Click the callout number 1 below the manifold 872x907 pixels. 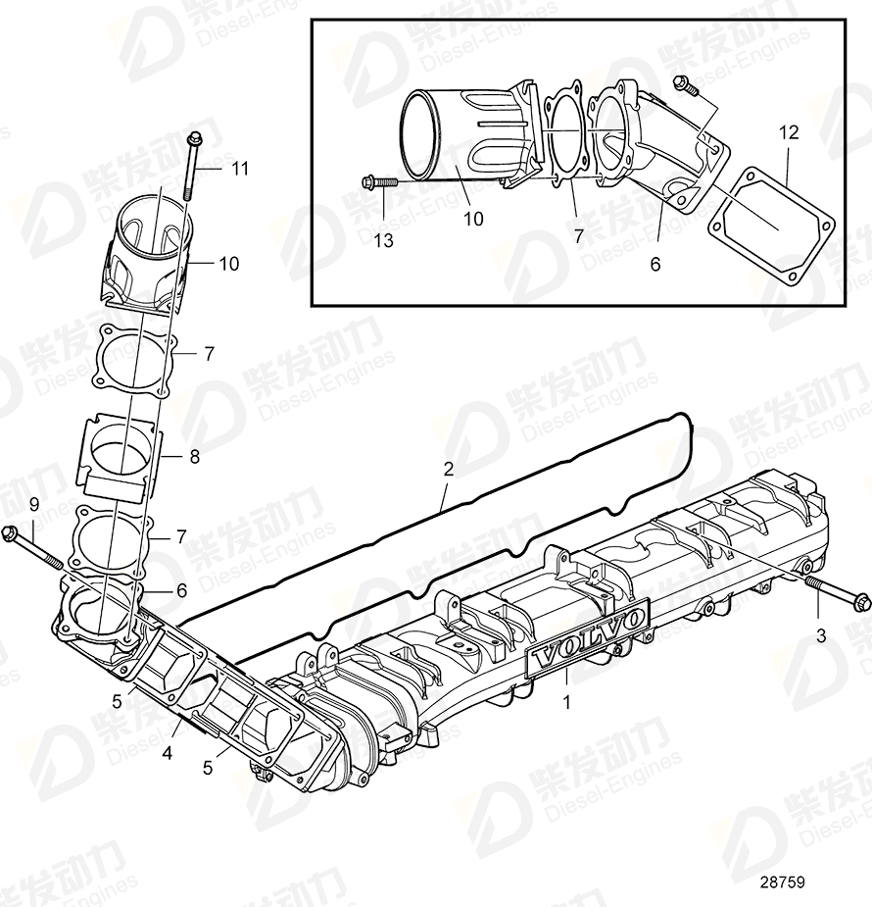click(567, 701)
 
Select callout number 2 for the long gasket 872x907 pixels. click(448, 470)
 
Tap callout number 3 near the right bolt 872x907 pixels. click(821, 635)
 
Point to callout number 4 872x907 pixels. click(168, 754)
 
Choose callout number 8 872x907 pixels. click(194, 456)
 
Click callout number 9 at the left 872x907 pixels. click(33, 504)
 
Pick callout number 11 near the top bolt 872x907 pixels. click(241, 169)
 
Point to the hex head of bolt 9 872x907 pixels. click(12, 533)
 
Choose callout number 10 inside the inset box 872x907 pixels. click(473, 219)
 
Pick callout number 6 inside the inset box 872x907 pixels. click(655, 263)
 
